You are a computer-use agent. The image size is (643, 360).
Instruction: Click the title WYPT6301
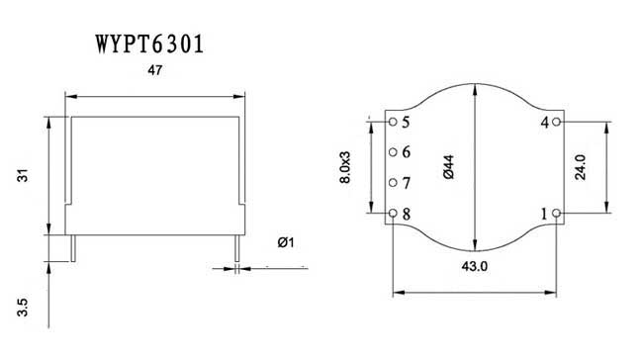point(149,45)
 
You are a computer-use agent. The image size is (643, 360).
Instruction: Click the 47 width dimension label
point(155,70)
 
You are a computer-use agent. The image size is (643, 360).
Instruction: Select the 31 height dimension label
point(23,175)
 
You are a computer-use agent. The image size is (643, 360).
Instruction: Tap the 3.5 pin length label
point(23,308)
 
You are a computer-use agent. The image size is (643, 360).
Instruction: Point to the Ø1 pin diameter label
point(286,242)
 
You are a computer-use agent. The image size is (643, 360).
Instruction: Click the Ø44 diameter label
point(449,167)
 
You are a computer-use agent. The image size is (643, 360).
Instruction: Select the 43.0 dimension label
point(475,266)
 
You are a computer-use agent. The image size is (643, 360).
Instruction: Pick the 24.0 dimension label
point(581,167)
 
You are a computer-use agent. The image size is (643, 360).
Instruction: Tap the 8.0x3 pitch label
point(345,167)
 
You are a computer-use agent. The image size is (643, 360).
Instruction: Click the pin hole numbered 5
point(393,122)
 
